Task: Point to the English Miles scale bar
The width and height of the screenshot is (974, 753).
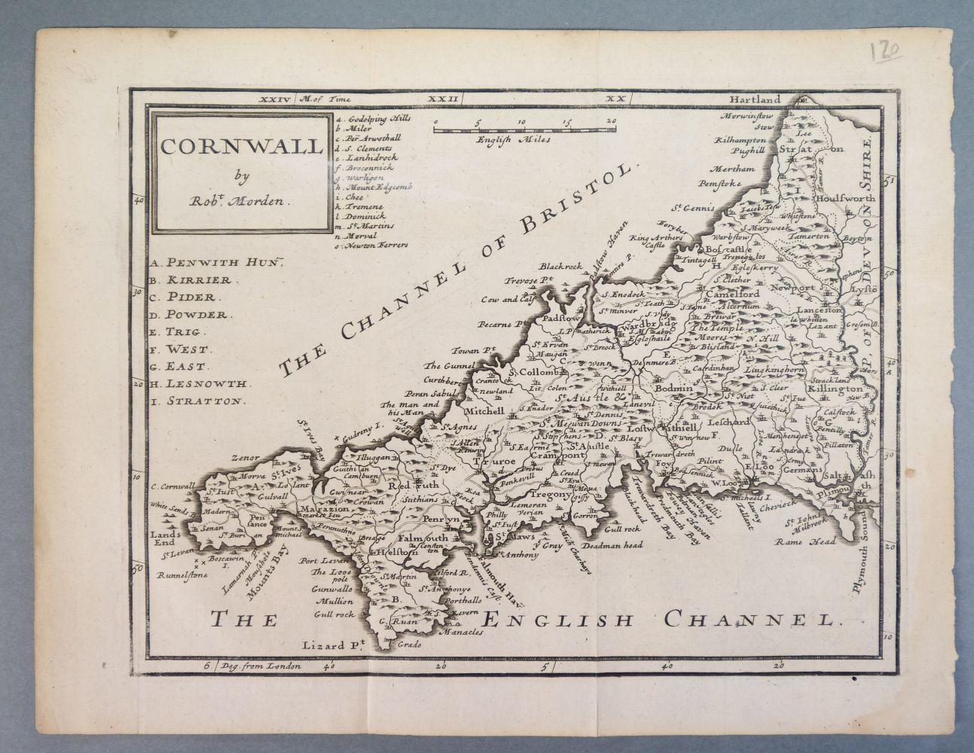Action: coord(525,129)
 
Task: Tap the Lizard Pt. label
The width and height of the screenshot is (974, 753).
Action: coord(332,645)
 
